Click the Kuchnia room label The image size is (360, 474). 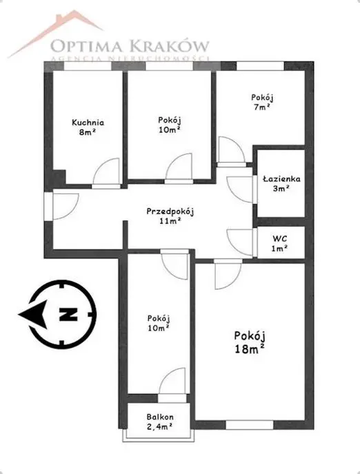click(88, 122)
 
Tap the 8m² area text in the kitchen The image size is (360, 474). click(88, 132)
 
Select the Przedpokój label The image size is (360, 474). click(170, 212)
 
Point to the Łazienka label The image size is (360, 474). click(281, 179)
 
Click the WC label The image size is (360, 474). click(280, 239)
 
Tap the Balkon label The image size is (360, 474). click(160, 417)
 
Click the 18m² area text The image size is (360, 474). click(250, 349)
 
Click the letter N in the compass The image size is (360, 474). click(68, 315)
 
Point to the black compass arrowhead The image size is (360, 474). click(33, 315)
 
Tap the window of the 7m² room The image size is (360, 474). click(260, 66)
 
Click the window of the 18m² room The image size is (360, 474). click(250, 425)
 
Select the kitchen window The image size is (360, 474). click(88, 66)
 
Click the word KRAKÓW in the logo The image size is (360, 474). click(170, 46)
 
